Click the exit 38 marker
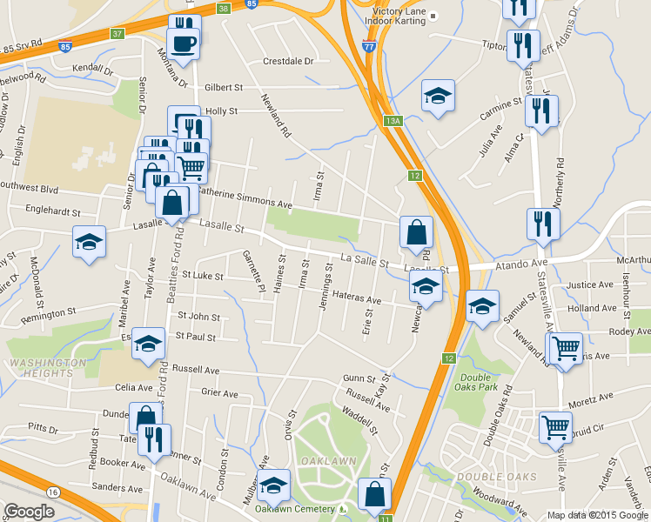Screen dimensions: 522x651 tap(224, 8)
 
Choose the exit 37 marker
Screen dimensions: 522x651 tap(117, 34)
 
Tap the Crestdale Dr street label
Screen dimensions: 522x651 tap(288, 61)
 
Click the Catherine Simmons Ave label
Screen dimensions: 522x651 tap(245, 197)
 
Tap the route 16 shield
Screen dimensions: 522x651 tap(54, 492)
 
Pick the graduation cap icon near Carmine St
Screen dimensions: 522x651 tap(438, 97)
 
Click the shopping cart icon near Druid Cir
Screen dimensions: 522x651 tap(555, 427)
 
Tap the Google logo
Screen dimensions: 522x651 tap(29, 512)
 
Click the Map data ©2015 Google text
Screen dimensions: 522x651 tap(598, 515)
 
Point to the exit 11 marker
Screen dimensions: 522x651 tap(386, 517)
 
